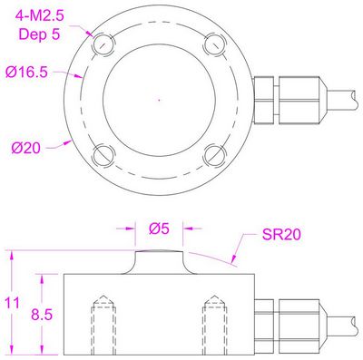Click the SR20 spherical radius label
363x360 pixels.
(x=282, y=234)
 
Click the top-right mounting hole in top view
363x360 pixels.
(x=213, y=43)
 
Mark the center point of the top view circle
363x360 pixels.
(x=159, y=97)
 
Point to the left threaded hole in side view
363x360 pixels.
(x=102, y=325)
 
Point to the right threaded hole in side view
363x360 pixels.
(x=215, y=325)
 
